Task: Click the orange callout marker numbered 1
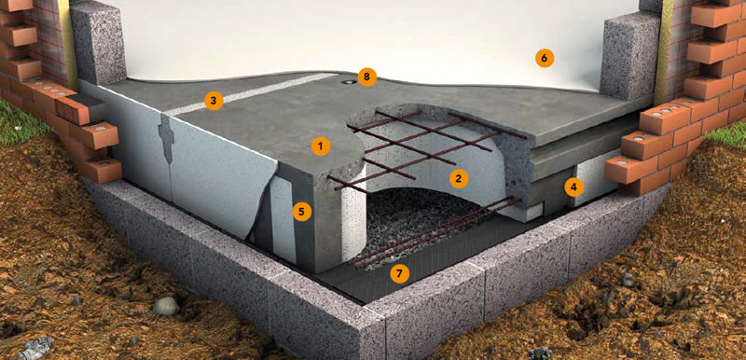tap(321, 147)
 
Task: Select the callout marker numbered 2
tap(459, 179)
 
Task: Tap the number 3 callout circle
tap(214, 101)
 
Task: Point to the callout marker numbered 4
tap(574, 187)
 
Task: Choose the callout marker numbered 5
tap(302, 212)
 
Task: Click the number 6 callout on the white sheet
tap(545, 59)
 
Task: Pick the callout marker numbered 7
tap(399, 273)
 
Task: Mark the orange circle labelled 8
tap(367, 77)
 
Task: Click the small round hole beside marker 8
tap(351, 82)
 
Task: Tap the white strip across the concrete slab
tap(251, 94)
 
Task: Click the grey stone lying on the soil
tap(166, 306)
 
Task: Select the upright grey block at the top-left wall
tap(98, 42)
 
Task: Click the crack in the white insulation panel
tap(167, 138)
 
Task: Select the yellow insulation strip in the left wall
tap(66, 45)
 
